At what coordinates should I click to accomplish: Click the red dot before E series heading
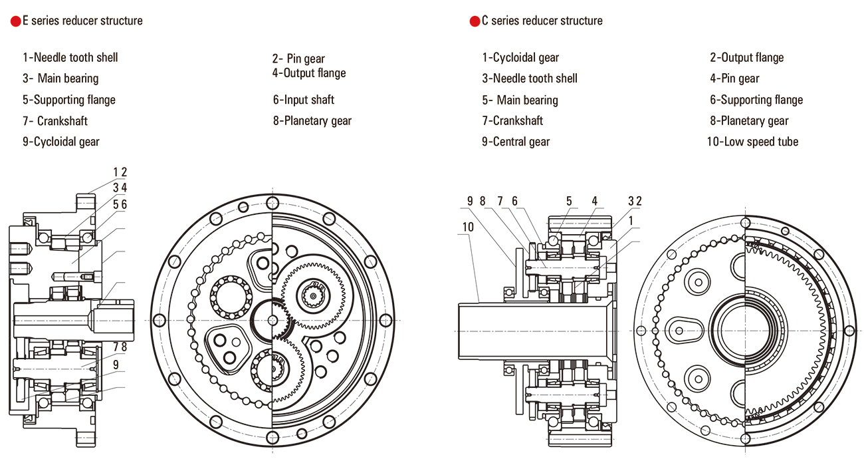[15, 21]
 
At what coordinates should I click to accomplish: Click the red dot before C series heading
[475, 21]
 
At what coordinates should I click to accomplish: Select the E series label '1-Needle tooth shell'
[70, 58]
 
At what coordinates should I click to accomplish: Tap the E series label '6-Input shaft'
[303, 100]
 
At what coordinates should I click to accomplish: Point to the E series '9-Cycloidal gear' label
[60, 142]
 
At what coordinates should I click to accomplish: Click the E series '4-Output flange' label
[309, 73]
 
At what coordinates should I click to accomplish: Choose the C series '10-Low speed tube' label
[753, 142]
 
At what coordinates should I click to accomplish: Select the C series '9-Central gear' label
[516, 142]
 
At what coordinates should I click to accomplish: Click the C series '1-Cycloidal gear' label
[520, 58]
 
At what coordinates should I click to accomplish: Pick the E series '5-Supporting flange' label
[69, 100]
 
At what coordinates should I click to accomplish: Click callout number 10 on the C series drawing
[468, 227]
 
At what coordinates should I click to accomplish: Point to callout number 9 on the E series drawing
[116, 364]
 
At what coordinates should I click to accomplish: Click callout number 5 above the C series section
[569, 201]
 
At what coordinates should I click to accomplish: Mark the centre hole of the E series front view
[272, 320]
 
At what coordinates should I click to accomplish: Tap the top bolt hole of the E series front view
[272, 202]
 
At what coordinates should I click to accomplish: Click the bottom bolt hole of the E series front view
[272, 437]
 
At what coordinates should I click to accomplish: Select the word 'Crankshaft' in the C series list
[518, 121]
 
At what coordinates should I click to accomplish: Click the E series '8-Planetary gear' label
[312, 121]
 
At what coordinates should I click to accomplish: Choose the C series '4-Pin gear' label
[734, 79]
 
